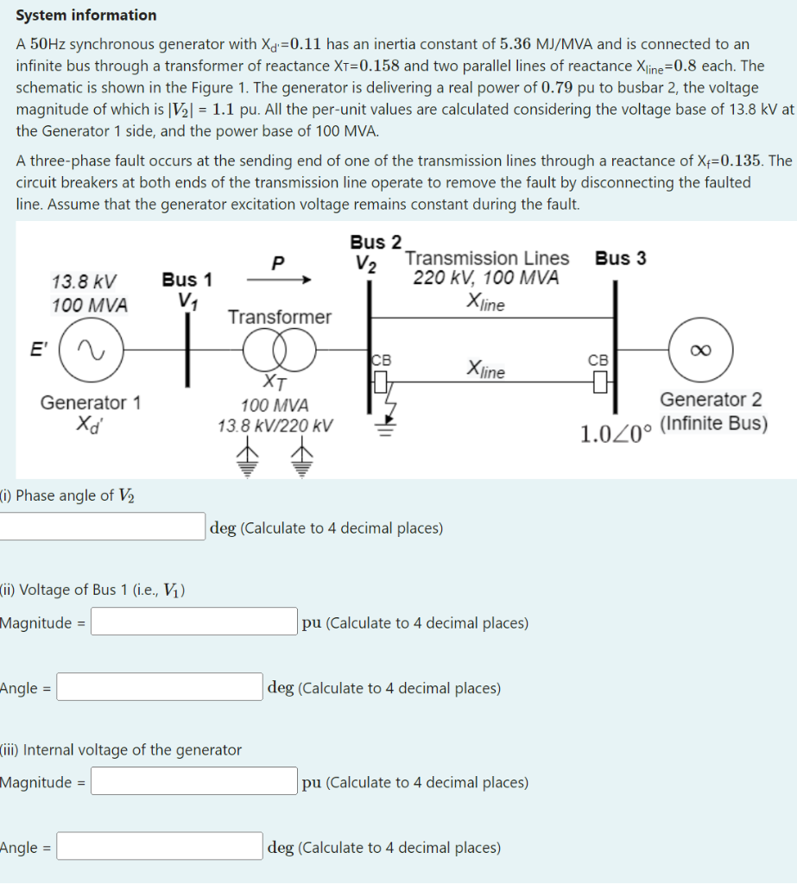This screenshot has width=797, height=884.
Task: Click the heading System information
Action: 86,16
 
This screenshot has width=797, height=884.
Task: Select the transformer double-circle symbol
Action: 279,350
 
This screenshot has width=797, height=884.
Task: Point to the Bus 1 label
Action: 187,280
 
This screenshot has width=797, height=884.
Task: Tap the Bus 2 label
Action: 376,242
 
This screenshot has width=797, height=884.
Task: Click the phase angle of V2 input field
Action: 101,527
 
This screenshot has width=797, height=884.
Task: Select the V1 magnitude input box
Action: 194,622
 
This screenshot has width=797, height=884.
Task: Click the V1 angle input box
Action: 160,687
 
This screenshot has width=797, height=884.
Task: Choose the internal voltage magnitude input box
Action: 194,781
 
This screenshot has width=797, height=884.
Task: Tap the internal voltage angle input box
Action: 160,847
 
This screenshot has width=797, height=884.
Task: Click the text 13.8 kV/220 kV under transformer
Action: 275,426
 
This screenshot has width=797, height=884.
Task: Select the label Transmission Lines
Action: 487,258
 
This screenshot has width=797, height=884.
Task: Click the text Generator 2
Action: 711,400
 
